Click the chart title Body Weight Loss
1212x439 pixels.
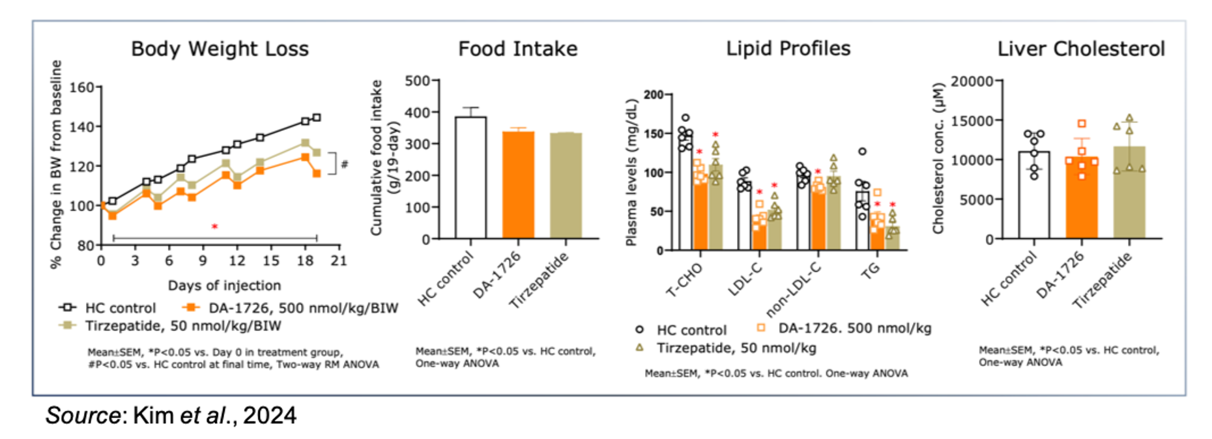pyautogui.click(x=220, y=49)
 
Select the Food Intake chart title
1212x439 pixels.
pyautogui.click(x=517, y=49)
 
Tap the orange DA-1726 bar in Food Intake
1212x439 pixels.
pyautogui.click(x=518, y=185)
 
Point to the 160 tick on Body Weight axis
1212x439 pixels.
pyautogui.click(x=81, y=87)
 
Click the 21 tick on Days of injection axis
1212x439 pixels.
pyautogui.click(x=339, y=261)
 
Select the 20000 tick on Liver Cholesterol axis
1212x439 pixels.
pyautogui.click(x=972, y=81)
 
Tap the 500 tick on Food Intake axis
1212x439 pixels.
pyautogui.click(x=417, y=81)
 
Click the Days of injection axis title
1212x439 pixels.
pyautogui.click(x=224, y=285)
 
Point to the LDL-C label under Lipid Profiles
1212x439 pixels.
pyautogui.click(x=745, y=279)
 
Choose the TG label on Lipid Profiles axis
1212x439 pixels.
pyautogui.click(x=871, y=270)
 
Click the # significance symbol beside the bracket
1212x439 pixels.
pyautogui.click(x=345, y=164)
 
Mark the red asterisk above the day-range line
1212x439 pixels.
pyautogui.click(x=214, y=227)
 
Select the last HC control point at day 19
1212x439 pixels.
pyautogui.click(x=317, y=118)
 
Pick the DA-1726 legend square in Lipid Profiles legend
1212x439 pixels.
pyautogui.click(x=760, y=328)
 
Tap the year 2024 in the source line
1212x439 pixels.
pyautogui.click(x=270, y=416)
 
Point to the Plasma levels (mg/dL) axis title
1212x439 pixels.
pyautogui.click(x=631, y=173)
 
